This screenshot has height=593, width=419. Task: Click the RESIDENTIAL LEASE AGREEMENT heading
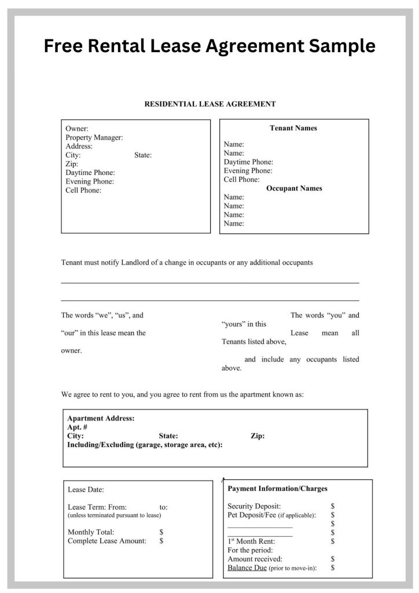click(209, 104)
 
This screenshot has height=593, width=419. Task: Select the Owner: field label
click(77, 129)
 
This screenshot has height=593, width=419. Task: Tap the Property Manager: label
click(94, 137)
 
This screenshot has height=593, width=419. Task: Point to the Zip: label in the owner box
click(72, 164)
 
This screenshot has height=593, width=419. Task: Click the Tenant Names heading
click(293, 128)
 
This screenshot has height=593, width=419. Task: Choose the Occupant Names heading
click(294, 188)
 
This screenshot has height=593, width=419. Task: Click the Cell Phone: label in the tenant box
click(242, 180)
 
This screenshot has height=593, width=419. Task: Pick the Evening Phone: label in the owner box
click(90, 181)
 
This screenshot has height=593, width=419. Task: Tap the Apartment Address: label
click(101, 418)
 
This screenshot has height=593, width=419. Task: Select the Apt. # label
click(78, 427)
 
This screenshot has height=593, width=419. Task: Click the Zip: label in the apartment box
click(258, 436)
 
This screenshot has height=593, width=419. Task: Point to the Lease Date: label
click(86, 489)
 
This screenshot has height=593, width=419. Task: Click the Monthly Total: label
click(91, 532)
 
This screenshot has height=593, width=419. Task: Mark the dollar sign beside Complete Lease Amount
click(161, 541)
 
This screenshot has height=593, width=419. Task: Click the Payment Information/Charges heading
click(277, 488)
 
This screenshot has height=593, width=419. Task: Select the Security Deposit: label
click(254, 506)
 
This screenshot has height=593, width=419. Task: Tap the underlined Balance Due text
click(247, 568)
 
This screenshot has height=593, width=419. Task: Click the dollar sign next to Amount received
click(333, 559)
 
